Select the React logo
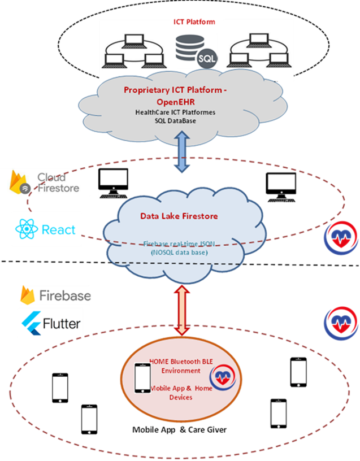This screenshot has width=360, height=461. click(x=46, y=229)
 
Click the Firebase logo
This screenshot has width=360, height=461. click(x=55, y=295)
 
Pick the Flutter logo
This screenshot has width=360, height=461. click(x=51, y=323)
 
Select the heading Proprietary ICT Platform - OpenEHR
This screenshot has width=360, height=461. click(x=175, y=95)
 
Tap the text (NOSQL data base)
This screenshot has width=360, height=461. click(x=180, y=253)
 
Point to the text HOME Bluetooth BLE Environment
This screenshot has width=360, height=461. click(x=175, y=366)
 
